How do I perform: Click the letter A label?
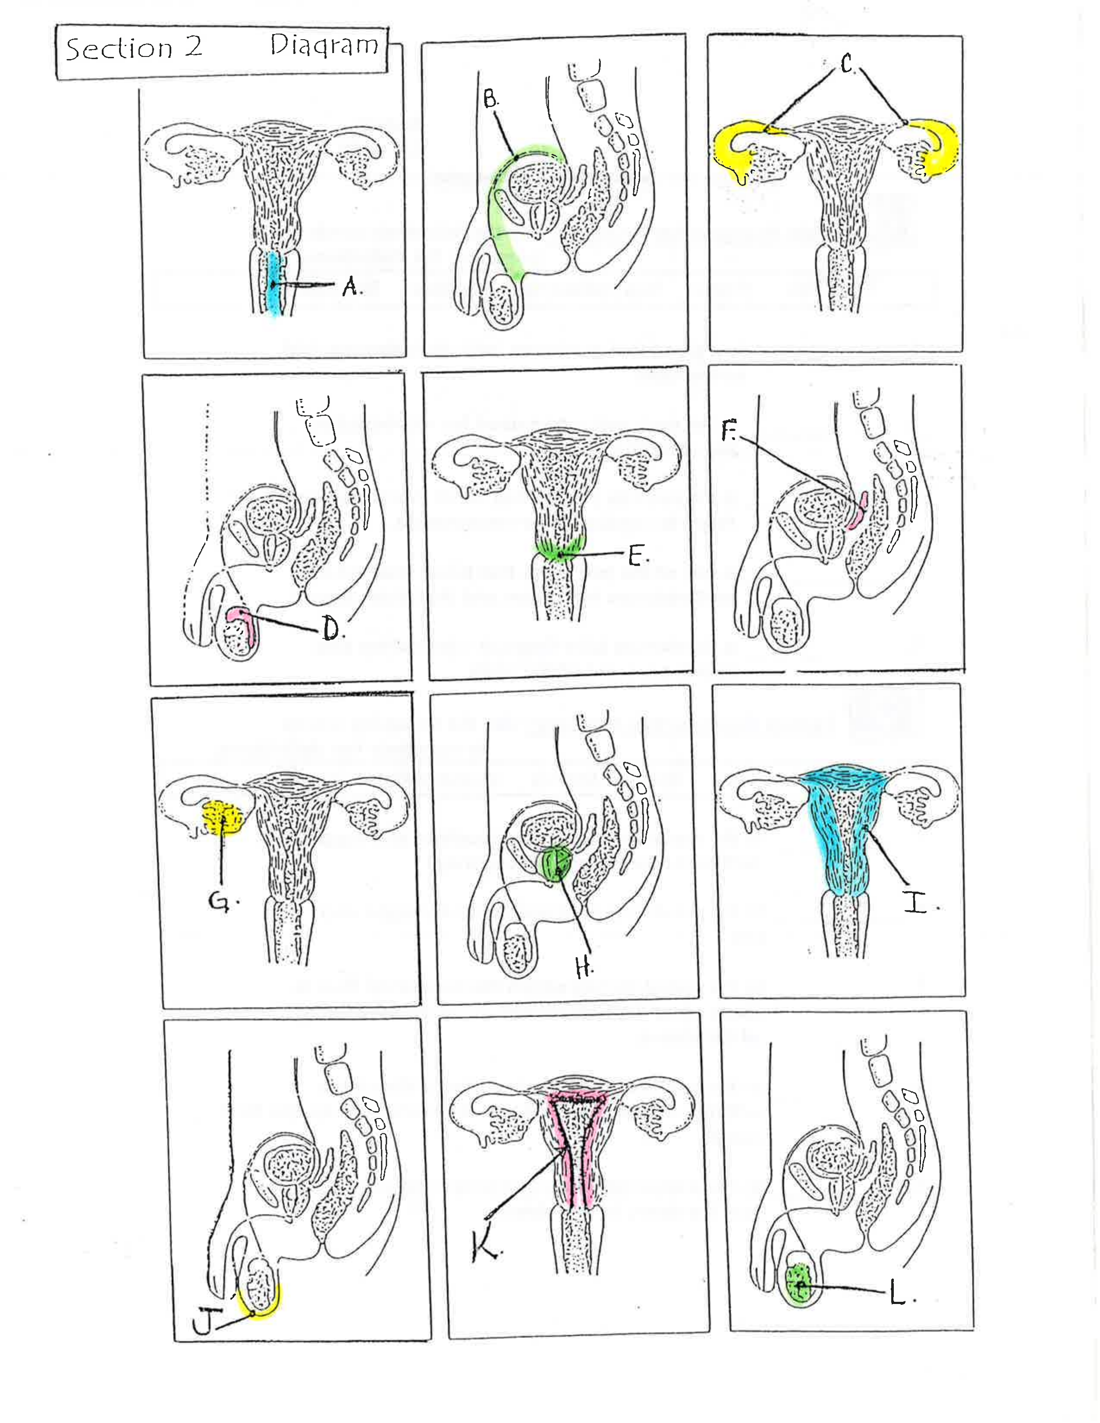(351, 286)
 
